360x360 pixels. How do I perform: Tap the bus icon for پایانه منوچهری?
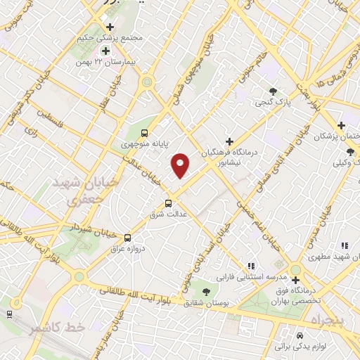point(145,133)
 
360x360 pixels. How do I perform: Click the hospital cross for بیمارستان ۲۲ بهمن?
point(105,51)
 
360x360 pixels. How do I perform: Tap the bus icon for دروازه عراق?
point(127,238)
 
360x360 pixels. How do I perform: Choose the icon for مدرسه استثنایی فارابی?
point(250,267)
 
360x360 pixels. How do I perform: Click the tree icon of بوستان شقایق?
point(206,290)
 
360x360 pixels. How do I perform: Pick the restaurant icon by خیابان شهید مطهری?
point(344,245)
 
